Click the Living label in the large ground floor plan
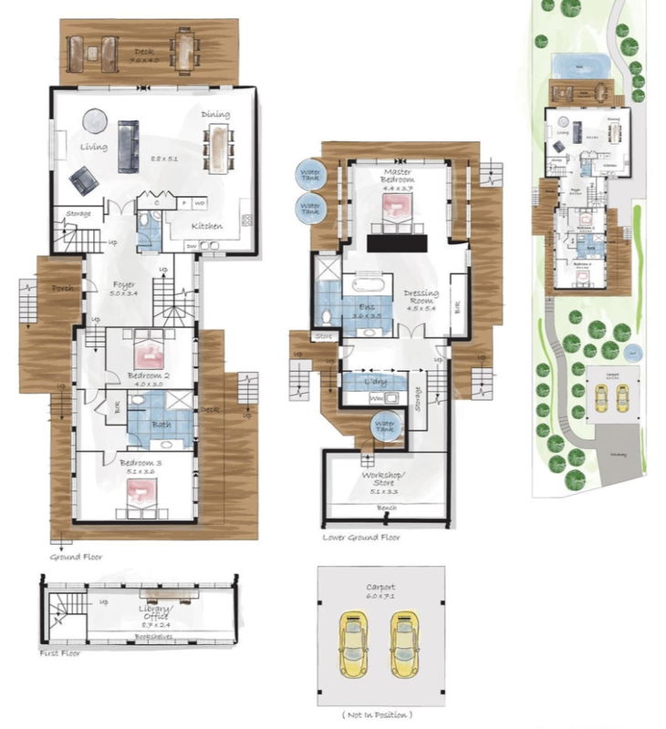point(93,147)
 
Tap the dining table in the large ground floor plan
point(218,149)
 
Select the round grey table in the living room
point(96,120)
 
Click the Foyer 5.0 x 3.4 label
point(123,288)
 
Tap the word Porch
point(63,289)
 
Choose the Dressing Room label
point(421,298)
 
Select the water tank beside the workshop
point(386,426)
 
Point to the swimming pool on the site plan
point(580,66)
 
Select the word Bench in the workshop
point(386,509)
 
